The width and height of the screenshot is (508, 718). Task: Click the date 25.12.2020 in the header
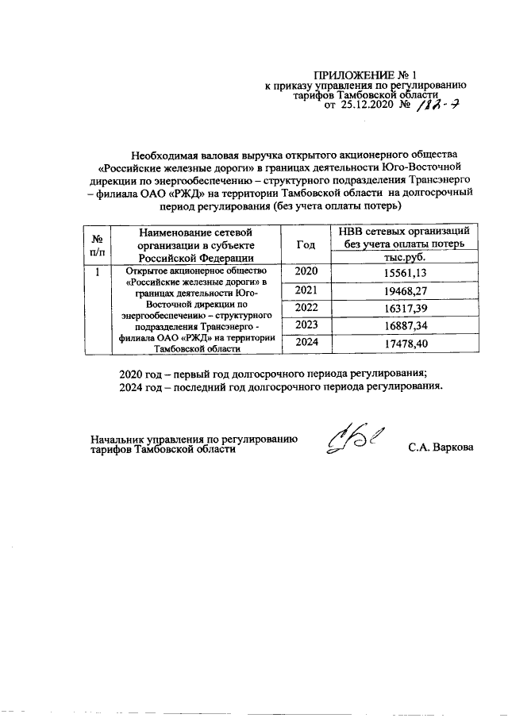(368, 104)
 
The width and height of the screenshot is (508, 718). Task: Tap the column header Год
(306, 244)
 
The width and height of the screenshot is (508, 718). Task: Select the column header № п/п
(95, 244)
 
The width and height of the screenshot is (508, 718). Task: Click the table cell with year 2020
(306, 273)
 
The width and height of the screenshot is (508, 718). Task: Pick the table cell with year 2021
(306, 290)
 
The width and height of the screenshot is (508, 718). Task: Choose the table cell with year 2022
(306, 308)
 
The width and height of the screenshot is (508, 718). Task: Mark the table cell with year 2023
(306, 325)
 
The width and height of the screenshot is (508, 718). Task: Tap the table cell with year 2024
(306, 343)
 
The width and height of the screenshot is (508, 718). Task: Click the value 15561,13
(405, 273)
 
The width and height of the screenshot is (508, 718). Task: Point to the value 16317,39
(405, 308)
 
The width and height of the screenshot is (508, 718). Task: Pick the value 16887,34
(405, 325)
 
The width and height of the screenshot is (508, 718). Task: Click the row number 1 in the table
(96, 273)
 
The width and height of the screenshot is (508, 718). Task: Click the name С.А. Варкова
(441, 448)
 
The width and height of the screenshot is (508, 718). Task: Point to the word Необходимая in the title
(167, 154)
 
